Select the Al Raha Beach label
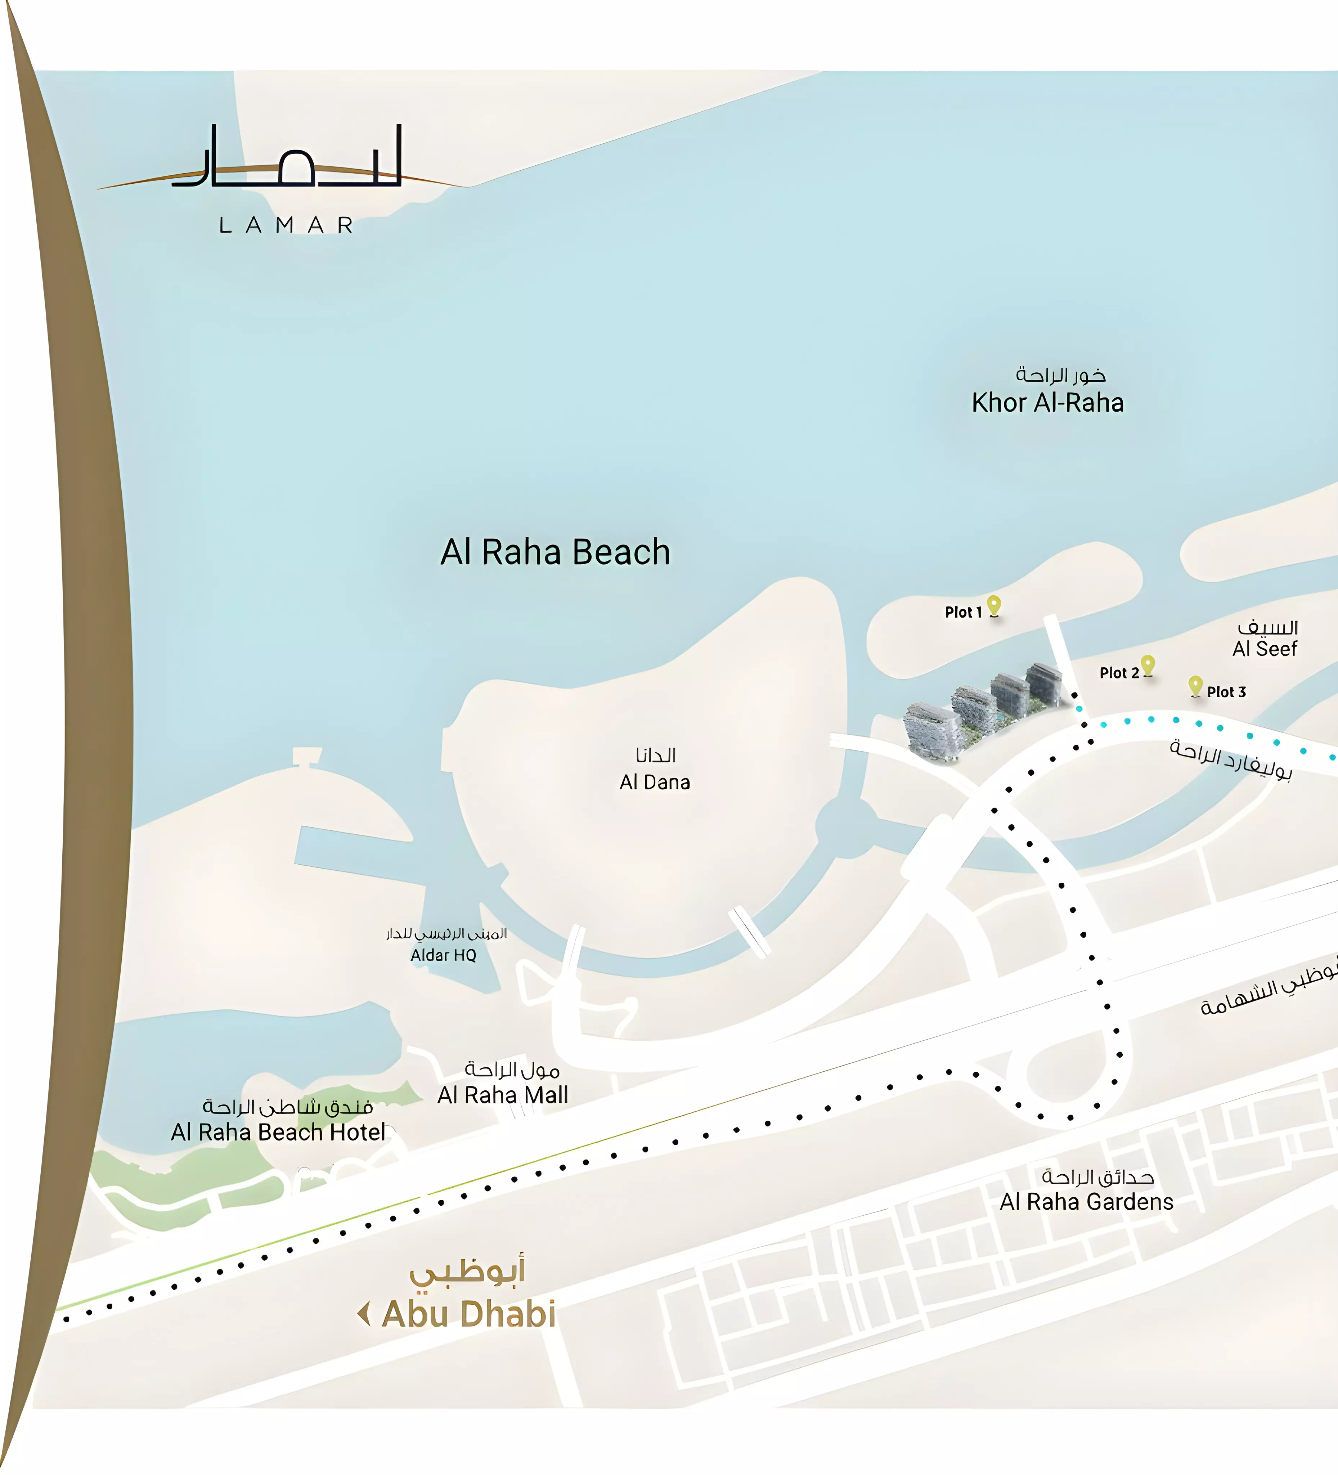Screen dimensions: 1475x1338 point(555,552)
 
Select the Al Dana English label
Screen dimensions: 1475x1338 point(655,782)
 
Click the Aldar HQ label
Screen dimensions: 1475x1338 point(443,955)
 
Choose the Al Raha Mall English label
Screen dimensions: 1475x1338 point(503,1095)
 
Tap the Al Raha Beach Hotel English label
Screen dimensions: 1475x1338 point(278,1133)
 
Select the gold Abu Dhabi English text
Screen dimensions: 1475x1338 point(469,1314)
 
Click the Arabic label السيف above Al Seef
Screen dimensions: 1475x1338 point(1268,627)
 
